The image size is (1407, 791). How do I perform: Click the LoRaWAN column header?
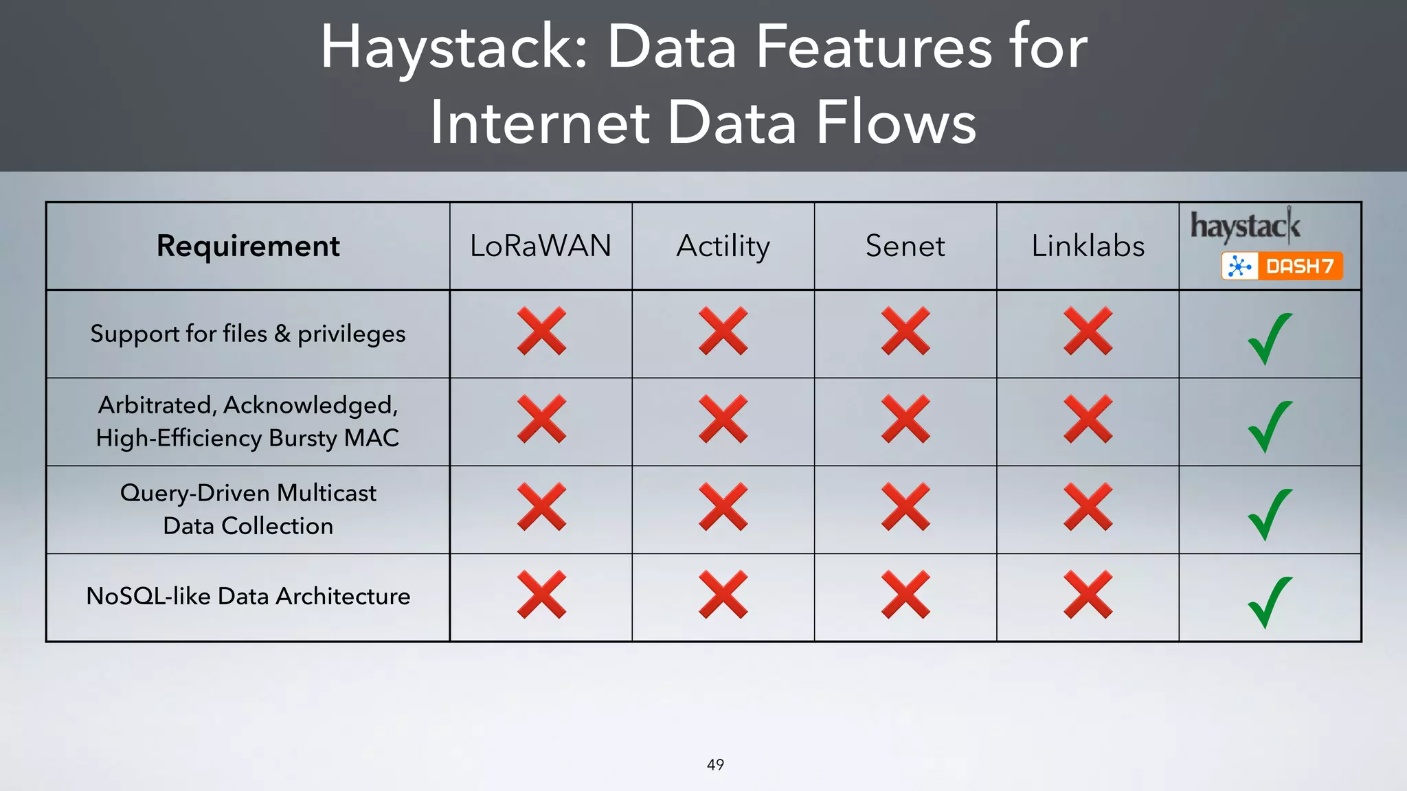click(x=541, y=246)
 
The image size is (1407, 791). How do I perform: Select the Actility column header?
click(x=723, y=246)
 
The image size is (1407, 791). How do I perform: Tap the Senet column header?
click(x=905, y=246)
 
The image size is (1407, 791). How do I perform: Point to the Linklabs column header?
click(x=1088, y=246)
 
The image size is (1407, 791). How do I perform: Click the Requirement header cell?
click(x=248, y=246)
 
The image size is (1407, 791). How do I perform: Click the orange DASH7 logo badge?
click(x=1282, y=266)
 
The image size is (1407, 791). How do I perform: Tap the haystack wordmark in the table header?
click(x=1245, y=227)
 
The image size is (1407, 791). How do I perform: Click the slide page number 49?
click(x=715, y=765)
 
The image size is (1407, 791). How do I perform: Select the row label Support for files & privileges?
click(x=248, y=334)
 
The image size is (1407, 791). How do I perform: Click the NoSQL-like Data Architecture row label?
click(x=248, y=596)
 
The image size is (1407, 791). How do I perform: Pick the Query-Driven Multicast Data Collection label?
click(x=248, y=509)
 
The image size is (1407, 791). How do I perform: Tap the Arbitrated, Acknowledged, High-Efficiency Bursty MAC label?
click(x=248, y=422)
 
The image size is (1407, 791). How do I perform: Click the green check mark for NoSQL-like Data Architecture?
click(x=1270, y=601)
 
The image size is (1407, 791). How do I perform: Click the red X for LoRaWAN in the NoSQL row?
click(x=541, y=595)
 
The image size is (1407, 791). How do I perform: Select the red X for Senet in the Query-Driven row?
click(x=905, y=507)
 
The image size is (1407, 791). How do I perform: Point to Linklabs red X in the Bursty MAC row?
click(x=1088, y=419)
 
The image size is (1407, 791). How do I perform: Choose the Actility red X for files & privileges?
click(x=723, y=331)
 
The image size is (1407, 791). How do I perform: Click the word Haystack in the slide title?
click(x=453, y=48)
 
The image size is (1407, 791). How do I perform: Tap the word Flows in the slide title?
click(x=896, y=124)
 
